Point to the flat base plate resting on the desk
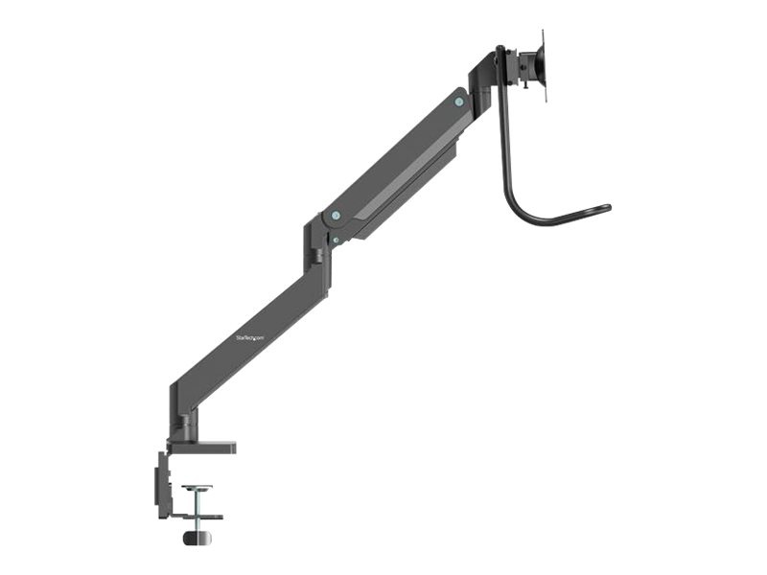click(x=200, y=446)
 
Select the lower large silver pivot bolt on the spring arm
click(x=334, y=217)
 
